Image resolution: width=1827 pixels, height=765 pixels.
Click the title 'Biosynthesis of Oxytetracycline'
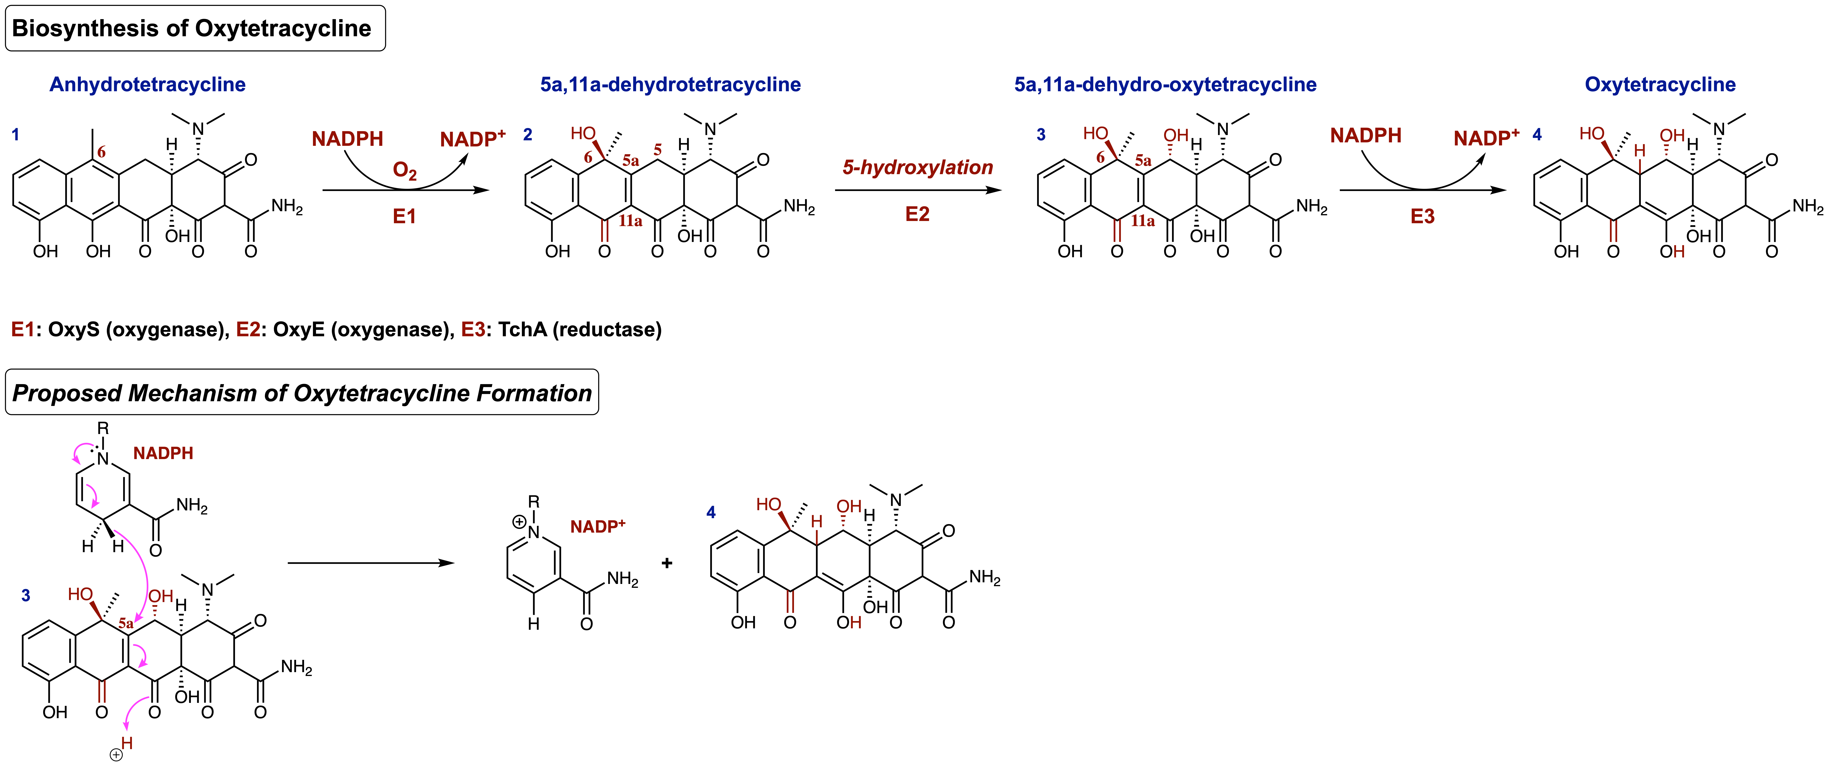tap(191, 28)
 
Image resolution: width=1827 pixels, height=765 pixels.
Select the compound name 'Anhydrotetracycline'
tap(148, 85)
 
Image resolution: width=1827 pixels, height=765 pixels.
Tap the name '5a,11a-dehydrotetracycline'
tap(670, 85)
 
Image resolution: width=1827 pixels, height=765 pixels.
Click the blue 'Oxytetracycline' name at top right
tap(1660, 85)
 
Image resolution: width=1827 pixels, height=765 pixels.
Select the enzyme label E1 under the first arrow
tap(404, 217)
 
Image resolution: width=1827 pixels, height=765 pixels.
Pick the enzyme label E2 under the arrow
tap(917, 214)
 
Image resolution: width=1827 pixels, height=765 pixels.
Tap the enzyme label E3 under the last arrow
tap(1422, 217)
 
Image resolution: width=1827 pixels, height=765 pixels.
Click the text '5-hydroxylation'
tap(917, 167)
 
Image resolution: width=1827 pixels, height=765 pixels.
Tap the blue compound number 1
tap(16, 134)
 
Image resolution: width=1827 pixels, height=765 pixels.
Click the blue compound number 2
tap(528, 134)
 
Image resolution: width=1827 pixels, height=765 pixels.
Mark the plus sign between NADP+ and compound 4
tap(667, 563)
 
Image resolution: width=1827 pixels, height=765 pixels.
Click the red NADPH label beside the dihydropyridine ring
tap(163, 453)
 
